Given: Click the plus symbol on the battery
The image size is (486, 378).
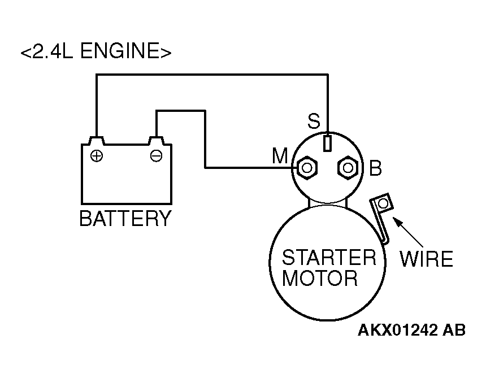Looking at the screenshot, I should coord(97,155).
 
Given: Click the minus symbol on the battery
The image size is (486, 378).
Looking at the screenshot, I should coord(156,155).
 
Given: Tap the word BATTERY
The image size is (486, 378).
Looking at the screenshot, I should coord(125,218).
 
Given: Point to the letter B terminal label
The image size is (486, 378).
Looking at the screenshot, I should coord(376,168).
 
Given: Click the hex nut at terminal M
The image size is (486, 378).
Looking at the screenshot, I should coord(307,168).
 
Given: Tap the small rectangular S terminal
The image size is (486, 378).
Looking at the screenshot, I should coord(327,143).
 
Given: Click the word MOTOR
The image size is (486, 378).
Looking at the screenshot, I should coord(320,279).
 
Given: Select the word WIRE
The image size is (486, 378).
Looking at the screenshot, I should coord(426,259).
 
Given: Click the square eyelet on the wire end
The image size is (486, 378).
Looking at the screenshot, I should coord(384,203).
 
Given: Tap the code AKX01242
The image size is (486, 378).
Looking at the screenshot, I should coord(398,331).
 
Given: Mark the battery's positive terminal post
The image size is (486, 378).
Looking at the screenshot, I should coord(97,139).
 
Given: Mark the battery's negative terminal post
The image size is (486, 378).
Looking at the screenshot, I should coord(156,139).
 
